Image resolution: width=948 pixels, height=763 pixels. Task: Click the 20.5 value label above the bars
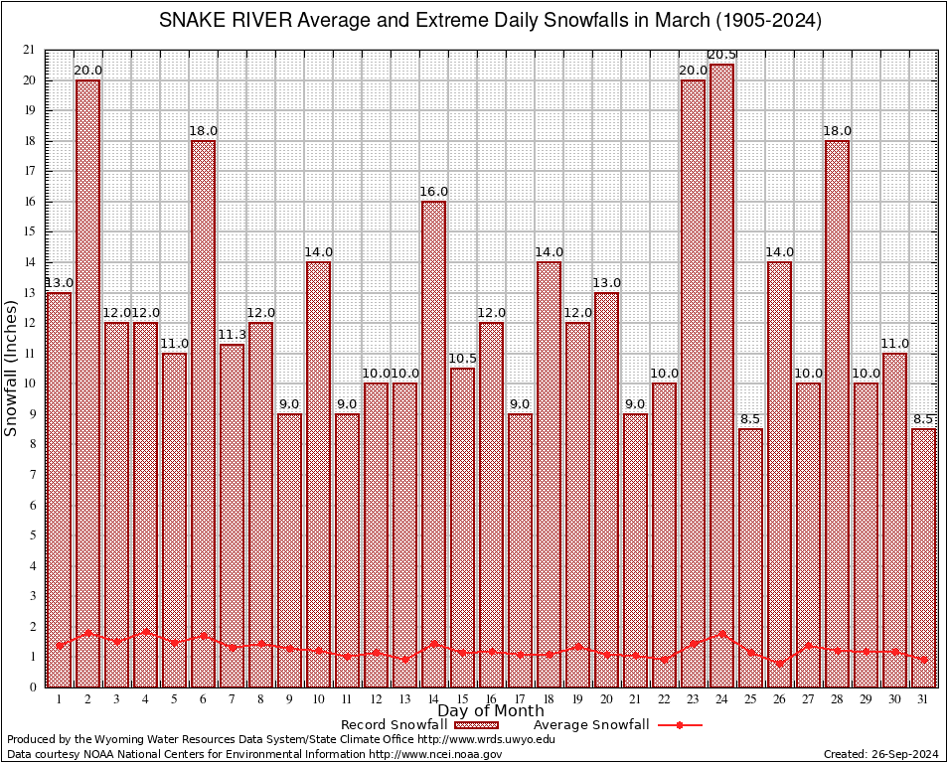pos(721,55)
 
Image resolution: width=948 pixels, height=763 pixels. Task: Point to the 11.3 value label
pos(232,335)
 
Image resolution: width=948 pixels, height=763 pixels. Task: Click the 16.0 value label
pos(433,192)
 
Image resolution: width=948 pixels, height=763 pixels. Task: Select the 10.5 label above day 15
pos(462,359)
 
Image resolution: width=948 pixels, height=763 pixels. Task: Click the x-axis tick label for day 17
pos(520,698)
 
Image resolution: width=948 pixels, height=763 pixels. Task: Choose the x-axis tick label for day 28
pos(837,698)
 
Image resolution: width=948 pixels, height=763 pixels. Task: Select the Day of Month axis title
pos(491,710)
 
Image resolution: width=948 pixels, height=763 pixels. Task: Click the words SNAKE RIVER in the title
pos(216,21)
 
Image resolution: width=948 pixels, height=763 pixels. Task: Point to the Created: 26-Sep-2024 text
pos(880,754)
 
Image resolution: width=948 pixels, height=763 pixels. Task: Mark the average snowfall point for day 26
pos(779,663)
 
